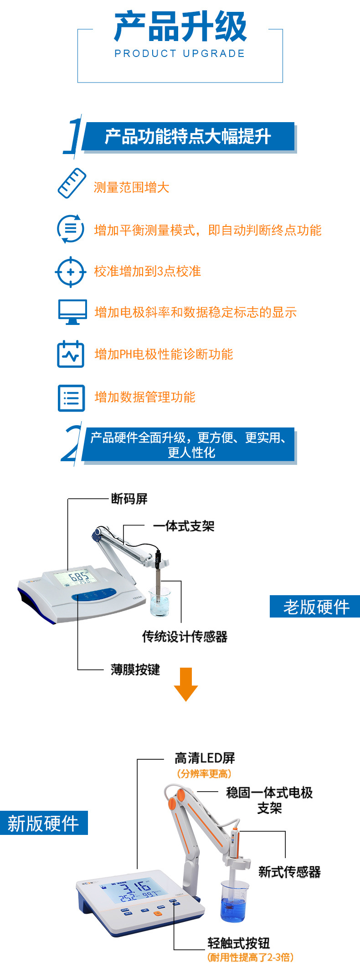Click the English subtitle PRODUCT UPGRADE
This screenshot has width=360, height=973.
point(180,54)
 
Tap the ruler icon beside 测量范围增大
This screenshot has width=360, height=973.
point(72,183)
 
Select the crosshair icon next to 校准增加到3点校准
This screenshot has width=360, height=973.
point(70,272)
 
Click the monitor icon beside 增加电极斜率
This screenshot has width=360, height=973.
point(72,312)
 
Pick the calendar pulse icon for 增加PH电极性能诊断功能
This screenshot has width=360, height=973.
point(71,354)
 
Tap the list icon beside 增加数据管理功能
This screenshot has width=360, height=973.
point(71,398)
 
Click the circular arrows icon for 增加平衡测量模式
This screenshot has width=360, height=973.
point(70,228)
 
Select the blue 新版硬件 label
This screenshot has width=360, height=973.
point(44,823)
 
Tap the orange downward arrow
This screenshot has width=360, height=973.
point(185,684)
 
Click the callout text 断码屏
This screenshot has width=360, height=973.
point(129,499)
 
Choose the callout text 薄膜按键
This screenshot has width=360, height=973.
point(135,669)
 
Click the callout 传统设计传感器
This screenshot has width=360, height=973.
point(185,636)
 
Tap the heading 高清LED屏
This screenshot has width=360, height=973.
point(205,758)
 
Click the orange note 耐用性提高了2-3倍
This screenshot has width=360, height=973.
point(250,958)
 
